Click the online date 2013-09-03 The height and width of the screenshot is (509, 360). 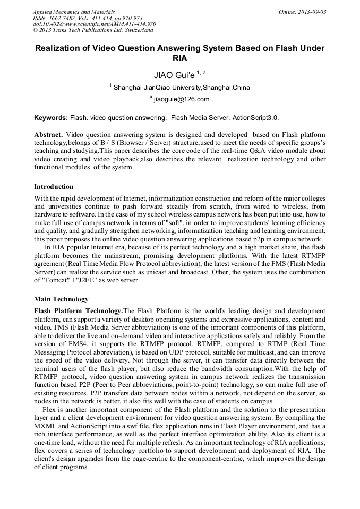point(312,12)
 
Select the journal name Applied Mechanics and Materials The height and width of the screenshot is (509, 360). point(74,12)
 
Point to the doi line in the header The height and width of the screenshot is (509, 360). point(95,24)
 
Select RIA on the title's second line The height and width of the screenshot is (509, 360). point(180,58)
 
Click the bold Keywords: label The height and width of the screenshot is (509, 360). point(52,117)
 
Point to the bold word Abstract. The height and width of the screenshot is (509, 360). point(48,135)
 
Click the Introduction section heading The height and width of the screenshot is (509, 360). point(54,187)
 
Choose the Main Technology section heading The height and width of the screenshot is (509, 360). point(61,299)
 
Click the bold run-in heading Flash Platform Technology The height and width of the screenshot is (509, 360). point(78,310)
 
